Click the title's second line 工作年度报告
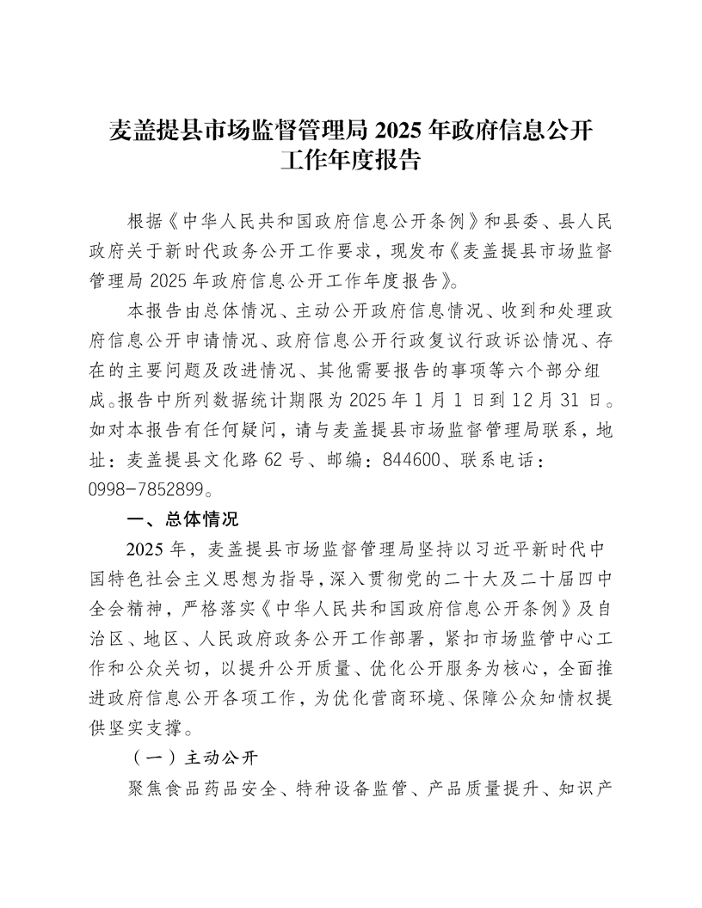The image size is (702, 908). click(350, 160)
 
